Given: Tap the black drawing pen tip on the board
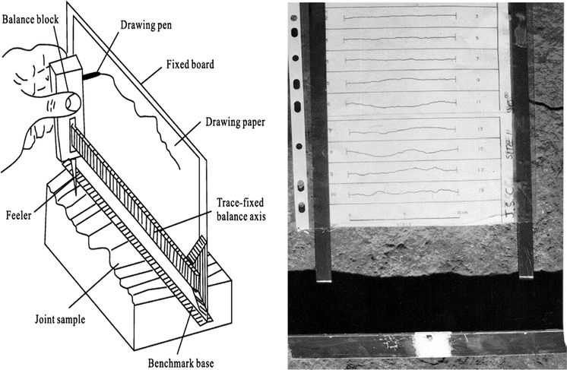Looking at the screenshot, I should tap(93, 74).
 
